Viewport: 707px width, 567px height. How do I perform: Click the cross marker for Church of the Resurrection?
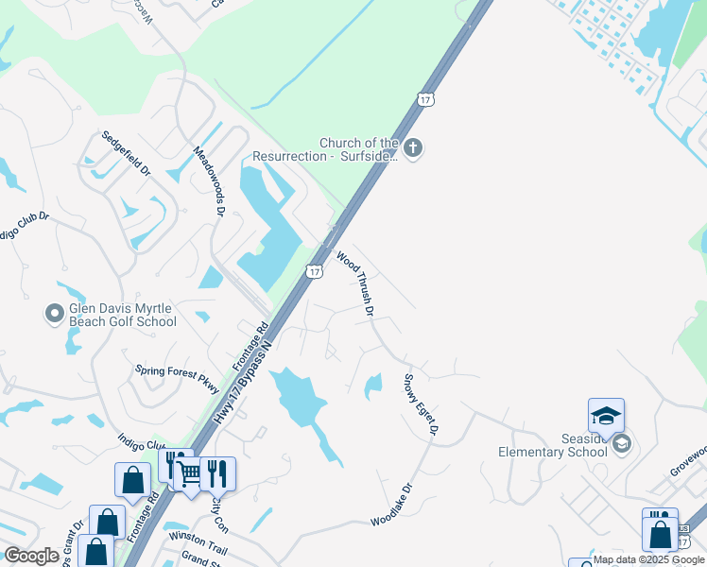[x=412, y=147]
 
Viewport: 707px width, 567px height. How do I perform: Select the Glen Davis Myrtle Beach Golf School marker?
[x=55, y=311]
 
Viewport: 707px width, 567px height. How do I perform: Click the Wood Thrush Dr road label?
[x=356, y=283]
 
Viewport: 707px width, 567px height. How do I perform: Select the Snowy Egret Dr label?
[x=422, y=404]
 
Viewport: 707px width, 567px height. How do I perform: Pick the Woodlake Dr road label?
[x=392, y=506]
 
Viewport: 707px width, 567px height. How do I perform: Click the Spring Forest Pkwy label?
[x=177, y=380]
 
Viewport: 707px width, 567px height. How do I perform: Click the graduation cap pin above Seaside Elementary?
[x=606, y=416]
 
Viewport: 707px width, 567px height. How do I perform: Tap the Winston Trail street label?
[x=198, y=536]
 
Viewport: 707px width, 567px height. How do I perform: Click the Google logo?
[x=31, y=556]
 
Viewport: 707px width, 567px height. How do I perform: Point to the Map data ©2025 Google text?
[x=649, y=559]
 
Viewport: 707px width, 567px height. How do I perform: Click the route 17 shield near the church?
[x=426, y=99]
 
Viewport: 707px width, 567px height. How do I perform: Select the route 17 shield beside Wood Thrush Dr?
[x=315, y=271]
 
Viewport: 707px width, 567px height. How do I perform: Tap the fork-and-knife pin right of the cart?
[x=218, y=472]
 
